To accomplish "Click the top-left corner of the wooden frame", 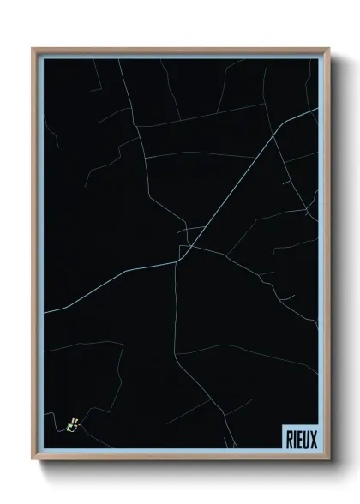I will [33, 49].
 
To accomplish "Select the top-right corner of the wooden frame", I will [327, 49].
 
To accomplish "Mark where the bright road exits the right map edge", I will [317, 109].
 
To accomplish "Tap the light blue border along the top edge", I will [180, 55].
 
